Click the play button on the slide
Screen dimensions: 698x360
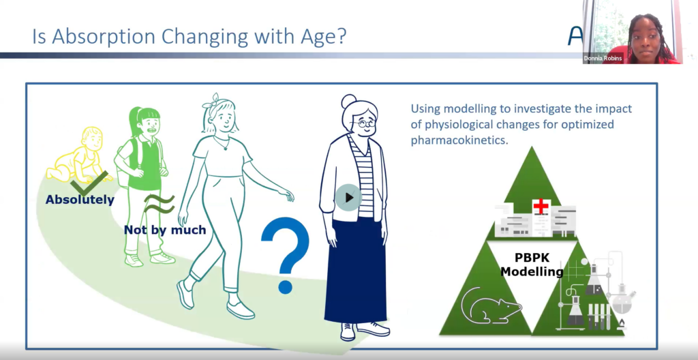tap(348, 197)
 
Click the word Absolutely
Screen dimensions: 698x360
tap(80, 200)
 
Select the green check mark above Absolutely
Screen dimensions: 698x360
tap(89, 183)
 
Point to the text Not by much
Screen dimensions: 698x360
tap(165, 230)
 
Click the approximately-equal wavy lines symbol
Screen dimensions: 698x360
tap(159, 204)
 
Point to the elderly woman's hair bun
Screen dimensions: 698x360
tap(348, 102)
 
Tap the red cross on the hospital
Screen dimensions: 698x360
tap(541, 207)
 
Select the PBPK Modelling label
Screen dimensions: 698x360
tap(532, 265)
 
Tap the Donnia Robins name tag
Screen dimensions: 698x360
tap(603, 59)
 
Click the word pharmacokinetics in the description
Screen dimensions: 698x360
tap(459, 140)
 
